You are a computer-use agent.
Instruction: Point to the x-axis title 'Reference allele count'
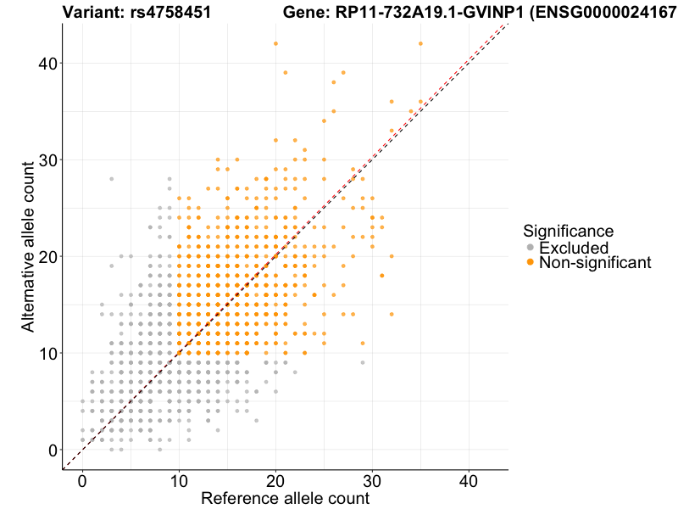[285, 498]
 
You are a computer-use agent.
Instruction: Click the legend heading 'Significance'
[568, 230]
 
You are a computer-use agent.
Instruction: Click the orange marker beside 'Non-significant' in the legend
[531, 263]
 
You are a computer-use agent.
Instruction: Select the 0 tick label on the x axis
[82, 480]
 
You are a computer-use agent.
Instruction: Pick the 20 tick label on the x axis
[275, 480]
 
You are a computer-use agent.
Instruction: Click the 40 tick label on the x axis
[469, 480]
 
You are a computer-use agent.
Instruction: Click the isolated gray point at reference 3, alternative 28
[111, 179]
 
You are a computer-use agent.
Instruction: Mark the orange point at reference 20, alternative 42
[275, 43]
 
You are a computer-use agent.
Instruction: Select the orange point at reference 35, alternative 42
[420, 43]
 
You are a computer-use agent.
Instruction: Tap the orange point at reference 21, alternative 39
[286, 72]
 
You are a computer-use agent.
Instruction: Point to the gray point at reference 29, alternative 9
[363, 362]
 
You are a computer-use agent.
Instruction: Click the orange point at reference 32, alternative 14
[392, 314]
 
